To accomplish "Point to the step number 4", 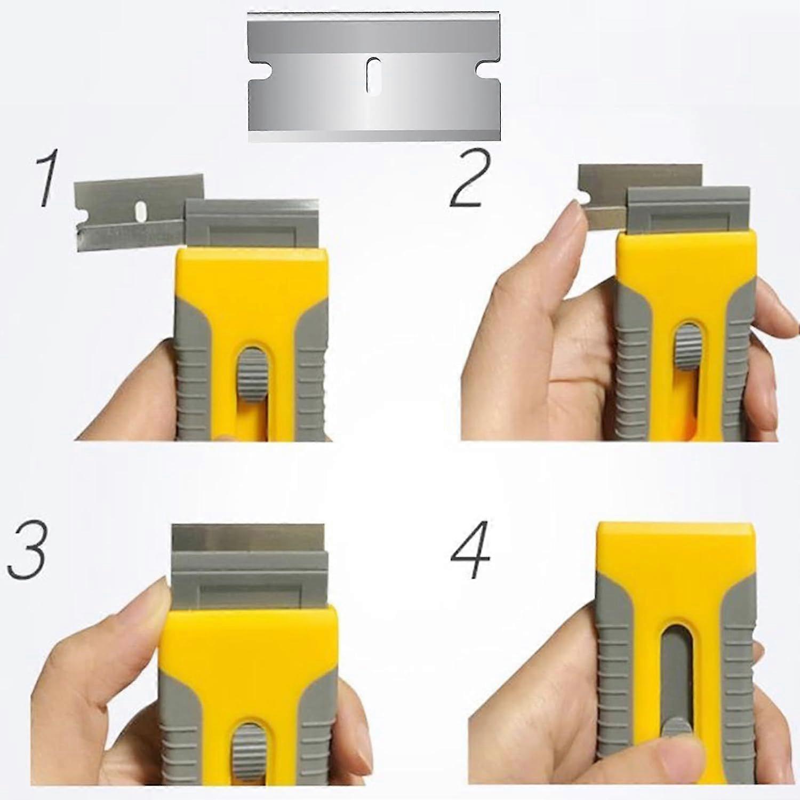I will pyautogui.click(x=470, y=555).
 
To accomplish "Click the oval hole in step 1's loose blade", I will pyautogui.click(x=141, y=210).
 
